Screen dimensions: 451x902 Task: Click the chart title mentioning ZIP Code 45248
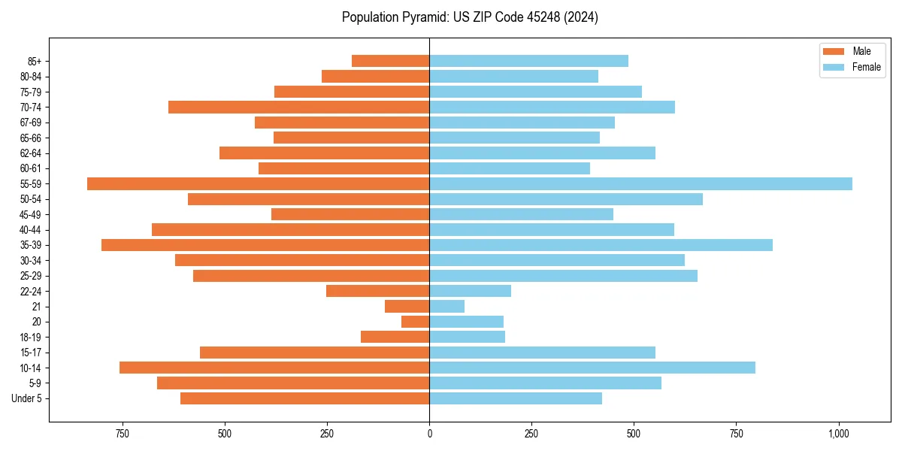click(470, 17)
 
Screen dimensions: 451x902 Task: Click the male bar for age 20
click(415, 322)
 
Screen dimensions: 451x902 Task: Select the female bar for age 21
click(446, 306)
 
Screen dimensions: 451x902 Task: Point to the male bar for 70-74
click(298, 107)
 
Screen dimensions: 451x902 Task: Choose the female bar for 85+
click(528, 61)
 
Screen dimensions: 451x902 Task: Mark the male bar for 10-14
click(274, 368)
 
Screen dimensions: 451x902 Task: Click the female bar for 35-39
click(601, 245)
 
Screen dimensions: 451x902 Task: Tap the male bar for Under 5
click(304, 398)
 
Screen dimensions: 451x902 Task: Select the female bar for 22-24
click(470, 291)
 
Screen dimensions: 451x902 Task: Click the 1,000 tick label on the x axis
click(839, 434)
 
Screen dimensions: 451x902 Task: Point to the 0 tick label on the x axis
click(429, 434)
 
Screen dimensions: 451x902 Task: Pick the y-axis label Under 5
click(27, 398)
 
